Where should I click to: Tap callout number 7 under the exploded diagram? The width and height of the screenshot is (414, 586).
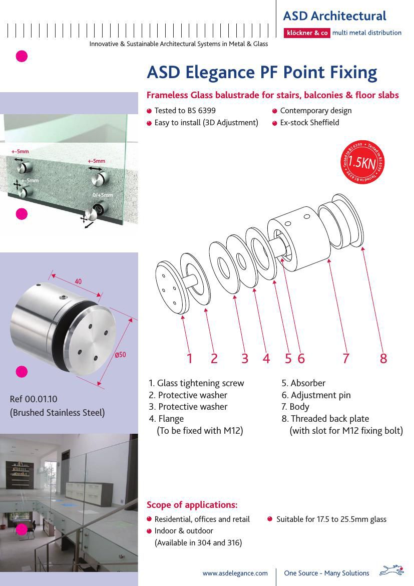(346, 359)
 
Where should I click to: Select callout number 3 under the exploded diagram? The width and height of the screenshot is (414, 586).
(244, 359)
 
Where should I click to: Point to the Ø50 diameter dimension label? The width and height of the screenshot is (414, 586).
(120, 355)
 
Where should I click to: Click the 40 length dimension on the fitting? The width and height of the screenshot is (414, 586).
(78, 281)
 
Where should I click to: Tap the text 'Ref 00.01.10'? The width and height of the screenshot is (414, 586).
(34, 399)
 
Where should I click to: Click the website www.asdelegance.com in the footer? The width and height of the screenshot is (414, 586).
(235, 573)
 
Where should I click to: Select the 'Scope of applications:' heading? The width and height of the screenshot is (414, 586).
(192, 504)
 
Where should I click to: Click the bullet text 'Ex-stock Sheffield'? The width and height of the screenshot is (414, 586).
(309, 123)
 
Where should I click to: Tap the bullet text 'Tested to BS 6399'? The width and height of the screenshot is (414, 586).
(185, 111)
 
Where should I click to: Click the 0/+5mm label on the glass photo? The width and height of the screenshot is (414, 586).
(102, 195)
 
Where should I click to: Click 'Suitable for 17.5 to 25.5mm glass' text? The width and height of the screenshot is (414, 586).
(331, 519)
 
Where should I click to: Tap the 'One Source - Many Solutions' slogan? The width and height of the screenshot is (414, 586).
(326, 573)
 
